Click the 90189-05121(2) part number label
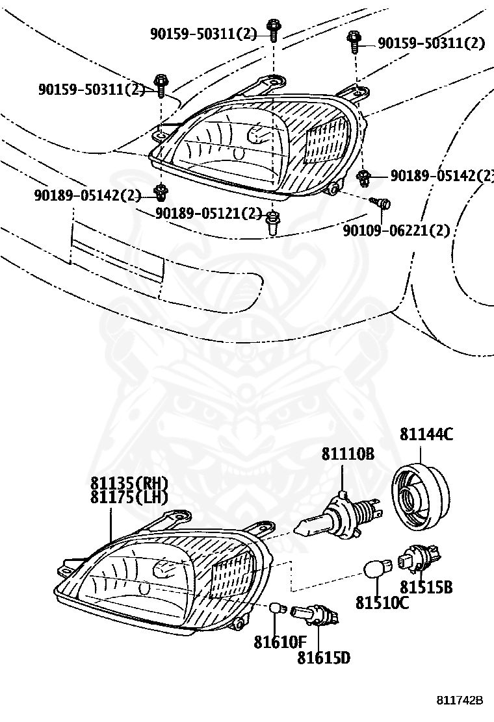[x=208, y=214]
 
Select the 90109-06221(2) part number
[x=396, y=230]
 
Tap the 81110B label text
[x=347, y=454]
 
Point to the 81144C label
[x=426, y=434]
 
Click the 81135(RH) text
[x=129, y=484]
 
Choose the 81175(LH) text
[x=129, y=498]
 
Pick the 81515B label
[x=426, y=588]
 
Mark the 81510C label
[x=382, y=603]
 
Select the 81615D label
[x=324, y=658]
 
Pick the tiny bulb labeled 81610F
[x=278, y=609]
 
